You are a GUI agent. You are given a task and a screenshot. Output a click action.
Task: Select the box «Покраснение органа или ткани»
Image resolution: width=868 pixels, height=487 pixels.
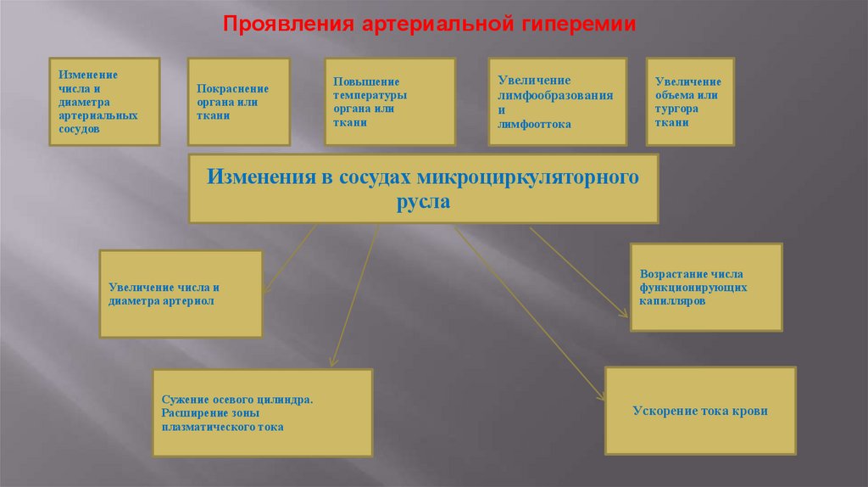click(x=238, y=102)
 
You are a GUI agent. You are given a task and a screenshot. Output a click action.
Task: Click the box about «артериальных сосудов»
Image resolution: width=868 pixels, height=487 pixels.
click(x=103, y=102)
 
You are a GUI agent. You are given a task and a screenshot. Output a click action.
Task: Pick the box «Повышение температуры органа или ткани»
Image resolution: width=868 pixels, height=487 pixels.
click(x=390, y=101)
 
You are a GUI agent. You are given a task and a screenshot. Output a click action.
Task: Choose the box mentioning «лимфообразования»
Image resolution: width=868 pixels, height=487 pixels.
click(x=557, y=101)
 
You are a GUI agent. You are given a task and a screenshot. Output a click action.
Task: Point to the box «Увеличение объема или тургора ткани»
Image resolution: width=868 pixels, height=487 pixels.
click(x=690, y=101)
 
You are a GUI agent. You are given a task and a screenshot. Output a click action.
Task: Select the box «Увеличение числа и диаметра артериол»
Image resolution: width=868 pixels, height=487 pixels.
click(x=181, y=294)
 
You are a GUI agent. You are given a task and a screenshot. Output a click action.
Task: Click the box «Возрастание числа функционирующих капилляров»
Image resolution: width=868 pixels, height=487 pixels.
click(x=706, y=287)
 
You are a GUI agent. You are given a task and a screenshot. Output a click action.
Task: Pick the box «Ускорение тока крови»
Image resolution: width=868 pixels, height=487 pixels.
click(x=700, y=411)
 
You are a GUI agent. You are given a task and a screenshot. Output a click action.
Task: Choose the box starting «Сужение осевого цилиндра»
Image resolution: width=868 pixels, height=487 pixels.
click(x=262, y=412)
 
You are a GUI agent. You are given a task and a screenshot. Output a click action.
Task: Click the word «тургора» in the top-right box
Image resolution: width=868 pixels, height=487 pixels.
click(x=676, y=109)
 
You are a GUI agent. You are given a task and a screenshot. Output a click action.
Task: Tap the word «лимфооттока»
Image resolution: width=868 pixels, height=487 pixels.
click(x=534, y=124)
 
